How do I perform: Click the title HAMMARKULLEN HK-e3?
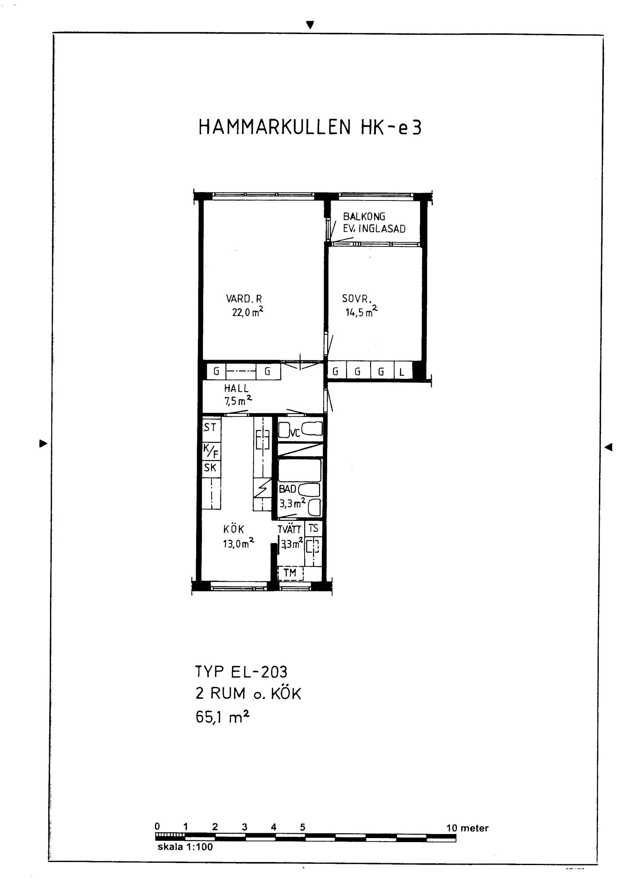[x=310, y=127]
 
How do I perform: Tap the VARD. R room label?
[x=244, y=299]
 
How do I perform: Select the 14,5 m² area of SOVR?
[x=362, y=312]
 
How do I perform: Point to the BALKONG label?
[x=364, y=216]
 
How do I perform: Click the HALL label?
[x=236, y=389]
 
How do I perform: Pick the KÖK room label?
[x=234, y=529]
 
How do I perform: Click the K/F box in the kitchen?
[x=211, y=451]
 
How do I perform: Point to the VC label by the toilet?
[x=295, y=433]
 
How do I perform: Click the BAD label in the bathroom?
[x=287, y=489]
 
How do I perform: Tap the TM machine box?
[x=290, y=573]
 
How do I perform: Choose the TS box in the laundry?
[x=313, y=528]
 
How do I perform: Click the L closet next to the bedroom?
[x=402, y=371]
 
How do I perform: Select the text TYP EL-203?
[x=241, y=672]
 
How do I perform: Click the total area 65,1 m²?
[x=222, y=717]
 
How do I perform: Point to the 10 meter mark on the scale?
[x=467, y=828]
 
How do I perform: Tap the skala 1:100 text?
[x=185, y=847]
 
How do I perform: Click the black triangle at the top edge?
[x=310, y=25]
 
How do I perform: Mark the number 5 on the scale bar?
[x=303, y=827]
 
